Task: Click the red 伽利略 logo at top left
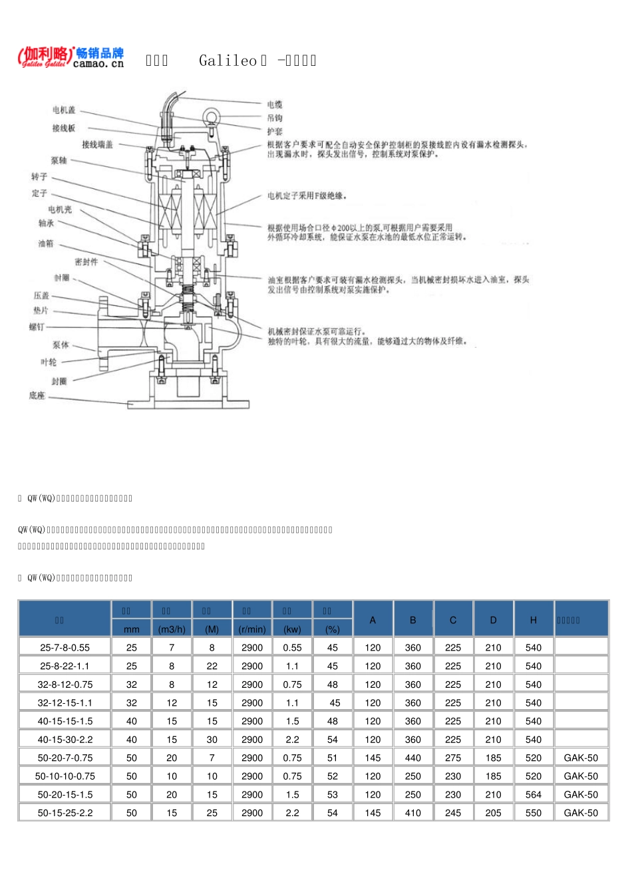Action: point(45,57)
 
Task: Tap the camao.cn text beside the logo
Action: point(98,65)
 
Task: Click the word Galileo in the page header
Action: point(228,61)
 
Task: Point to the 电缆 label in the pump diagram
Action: point(275,104)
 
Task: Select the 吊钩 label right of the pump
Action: point(275,118)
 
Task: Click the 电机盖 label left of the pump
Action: point(65,110)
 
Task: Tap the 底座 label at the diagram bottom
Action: point(37,396)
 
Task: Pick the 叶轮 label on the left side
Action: point(49,362)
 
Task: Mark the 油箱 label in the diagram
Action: point(45,243)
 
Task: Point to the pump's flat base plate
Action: point(189,404)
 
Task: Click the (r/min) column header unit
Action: point(252,629)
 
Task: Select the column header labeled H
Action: point(534,620)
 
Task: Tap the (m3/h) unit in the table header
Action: point(172,629)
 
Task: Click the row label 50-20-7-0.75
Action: point(65,758)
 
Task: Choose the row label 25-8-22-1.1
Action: point(65,666)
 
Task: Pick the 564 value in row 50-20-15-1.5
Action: point(534,794)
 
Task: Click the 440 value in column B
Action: point(413,758)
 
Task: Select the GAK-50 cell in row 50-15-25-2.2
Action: point(581,813)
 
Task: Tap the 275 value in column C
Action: point(453,758)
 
